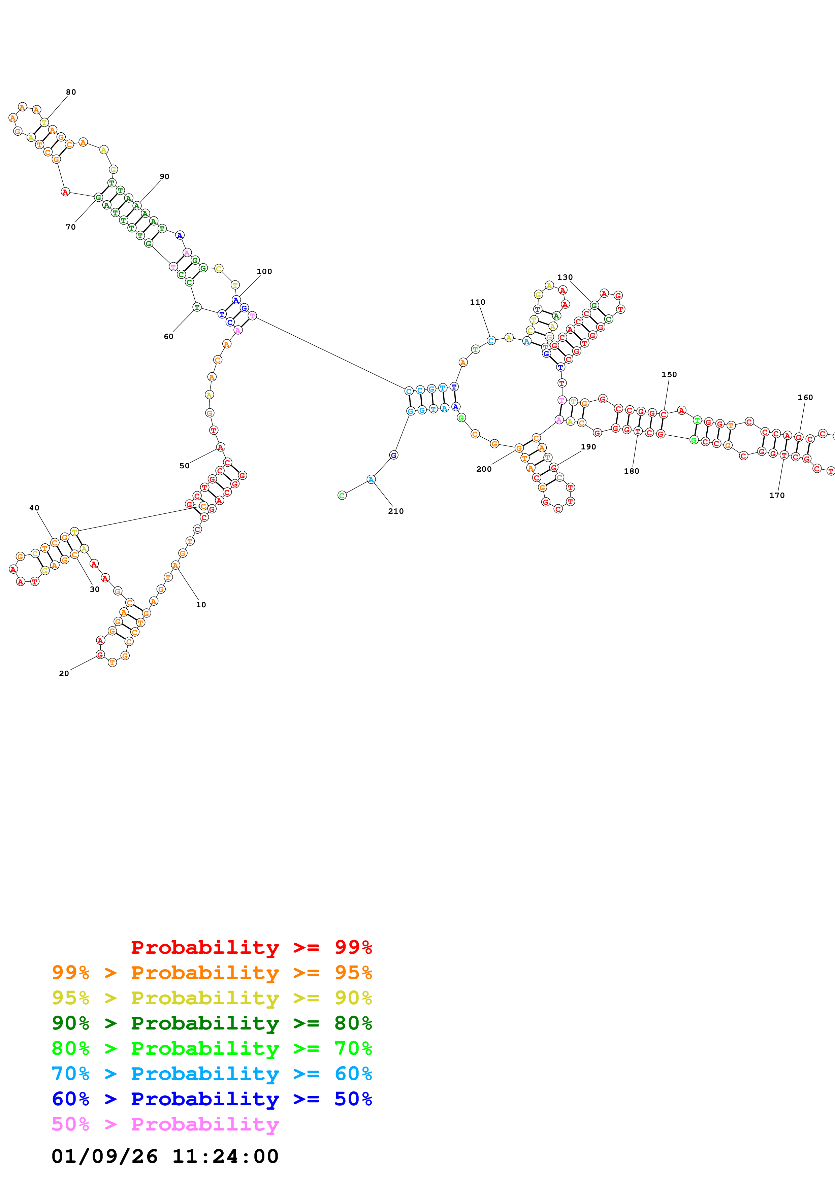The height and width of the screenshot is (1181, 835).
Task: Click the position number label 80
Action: (x=71, y=92)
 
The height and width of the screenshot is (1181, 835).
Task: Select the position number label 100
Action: (x=264, y=272)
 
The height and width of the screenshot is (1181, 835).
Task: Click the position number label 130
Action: (x=565, y=277)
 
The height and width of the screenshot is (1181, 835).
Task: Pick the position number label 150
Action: (x=669, y=374)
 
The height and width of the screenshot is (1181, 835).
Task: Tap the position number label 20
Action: (x=64, y=673)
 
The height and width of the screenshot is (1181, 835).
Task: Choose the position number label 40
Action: (x=34, y=508)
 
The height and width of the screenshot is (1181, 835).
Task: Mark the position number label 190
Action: (x=588, y=447)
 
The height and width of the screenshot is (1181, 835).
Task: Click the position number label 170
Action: (x=777, y=495)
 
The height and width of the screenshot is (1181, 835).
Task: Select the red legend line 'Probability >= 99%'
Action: (x=251, y=947)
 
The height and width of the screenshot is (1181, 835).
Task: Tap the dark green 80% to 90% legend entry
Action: (x=212, y=1023)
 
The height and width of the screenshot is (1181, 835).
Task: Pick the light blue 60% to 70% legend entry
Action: (x=212, y=1074)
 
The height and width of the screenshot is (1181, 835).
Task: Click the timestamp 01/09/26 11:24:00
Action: (x=165, y=1156)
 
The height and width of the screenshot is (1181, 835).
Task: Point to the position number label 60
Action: (x=168, y=336)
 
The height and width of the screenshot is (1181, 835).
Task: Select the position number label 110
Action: (x=477, y=302)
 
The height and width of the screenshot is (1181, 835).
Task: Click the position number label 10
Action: (x=201, y=605)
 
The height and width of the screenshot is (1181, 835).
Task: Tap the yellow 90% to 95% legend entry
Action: (x=212, y=998)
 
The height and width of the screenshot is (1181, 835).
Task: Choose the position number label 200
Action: (x=484, y=469)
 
